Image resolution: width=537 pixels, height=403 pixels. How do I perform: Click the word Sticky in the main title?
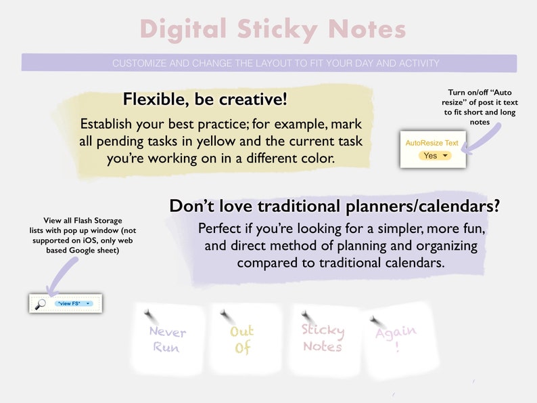click(277, 29)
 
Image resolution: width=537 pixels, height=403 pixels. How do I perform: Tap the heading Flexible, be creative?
click(205, 100)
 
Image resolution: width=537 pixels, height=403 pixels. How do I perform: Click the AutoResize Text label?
click(431, 143)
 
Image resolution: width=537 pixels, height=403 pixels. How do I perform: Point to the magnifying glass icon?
click(40, 303)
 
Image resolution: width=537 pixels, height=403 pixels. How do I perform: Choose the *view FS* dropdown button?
click(73, 303)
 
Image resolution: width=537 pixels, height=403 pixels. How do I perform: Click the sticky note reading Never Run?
click(167, 339)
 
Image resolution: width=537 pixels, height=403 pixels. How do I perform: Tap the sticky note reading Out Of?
click(243, 339)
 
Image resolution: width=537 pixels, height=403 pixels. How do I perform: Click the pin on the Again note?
click(374, 320)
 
